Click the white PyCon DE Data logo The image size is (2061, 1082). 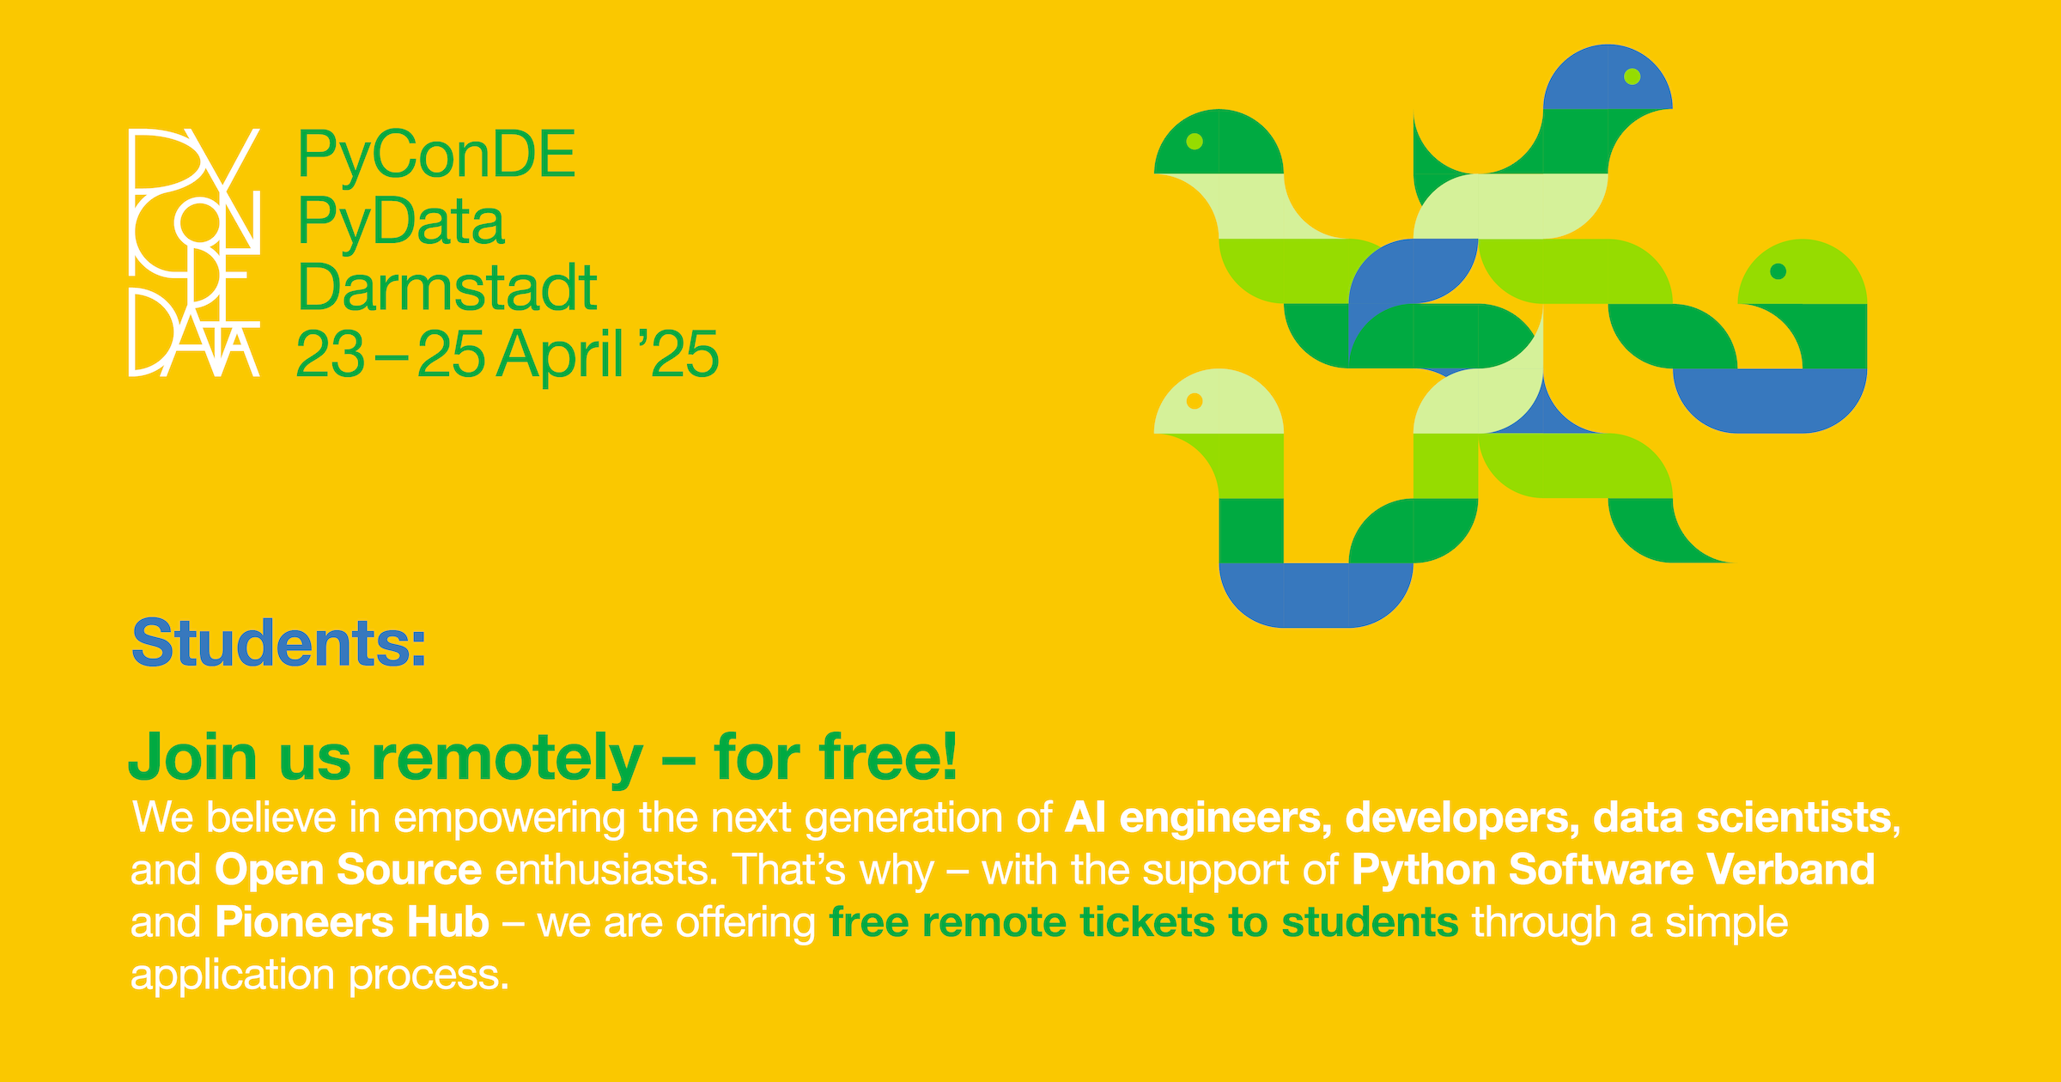(x=193, y=252)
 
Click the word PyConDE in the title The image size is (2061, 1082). (x=436, y=155)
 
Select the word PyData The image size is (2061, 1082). (x=401, y=222)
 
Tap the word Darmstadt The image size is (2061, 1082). (x=447, y=288)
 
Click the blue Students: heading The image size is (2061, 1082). (x=278, y=643)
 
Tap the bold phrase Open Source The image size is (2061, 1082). (x=348, y=869)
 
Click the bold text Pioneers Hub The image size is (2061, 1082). (x=352, y=921)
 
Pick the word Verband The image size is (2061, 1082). (x=1790, y=869)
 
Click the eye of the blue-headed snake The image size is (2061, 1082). (x=1632, y=76)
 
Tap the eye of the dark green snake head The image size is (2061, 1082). (x=1195, y=142)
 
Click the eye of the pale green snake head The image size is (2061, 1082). (x=1195, y=401)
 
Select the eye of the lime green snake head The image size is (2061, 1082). (x=1778, y=271)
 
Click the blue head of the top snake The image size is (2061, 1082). (x=1597, y=82)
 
